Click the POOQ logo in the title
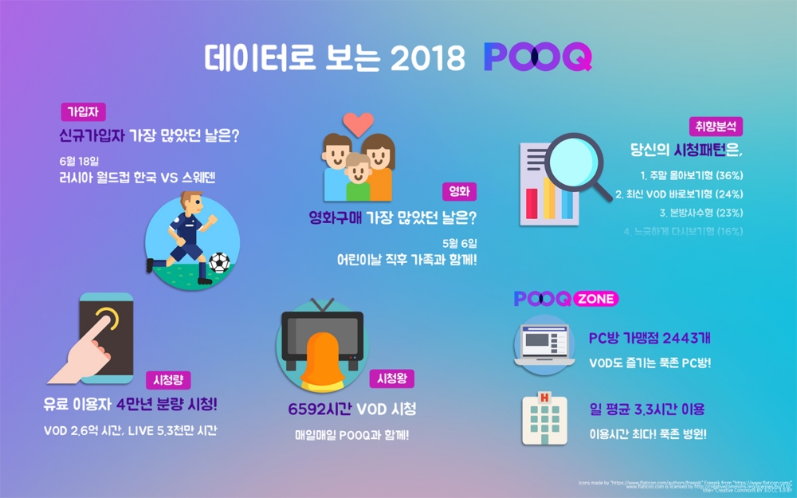point(537,56)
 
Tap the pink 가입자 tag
point(83,112)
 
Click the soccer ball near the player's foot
point(218,263)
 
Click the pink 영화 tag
point(459,191)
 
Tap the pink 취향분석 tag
point(716,126)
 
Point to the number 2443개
point(683,339)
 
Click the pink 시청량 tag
point(168,380)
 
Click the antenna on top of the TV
point(323,304)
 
